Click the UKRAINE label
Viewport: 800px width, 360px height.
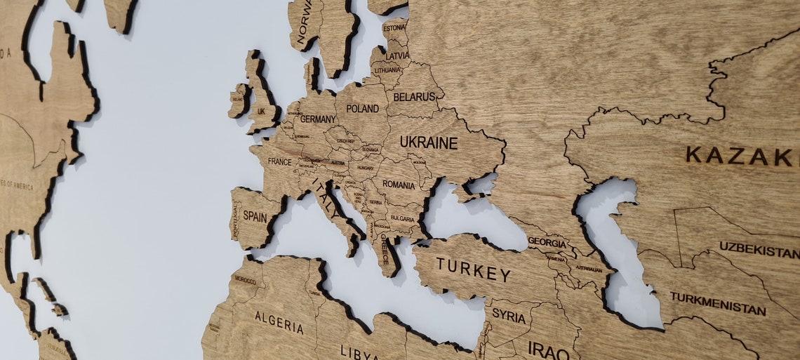428,142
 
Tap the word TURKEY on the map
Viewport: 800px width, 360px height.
473,269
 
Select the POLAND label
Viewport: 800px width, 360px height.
362,109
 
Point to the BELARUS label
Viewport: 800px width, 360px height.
414,97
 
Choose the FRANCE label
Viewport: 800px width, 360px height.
279,161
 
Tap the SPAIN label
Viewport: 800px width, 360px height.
254,217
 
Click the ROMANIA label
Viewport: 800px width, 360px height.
399,185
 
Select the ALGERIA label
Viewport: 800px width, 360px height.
279,322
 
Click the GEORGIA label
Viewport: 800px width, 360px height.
547,243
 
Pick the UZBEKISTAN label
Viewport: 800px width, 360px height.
759,250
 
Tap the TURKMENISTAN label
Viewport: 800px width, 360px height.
717,303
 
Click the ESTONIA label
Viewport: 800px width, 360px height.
394,28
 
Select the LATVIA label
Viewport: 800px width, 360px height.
397,55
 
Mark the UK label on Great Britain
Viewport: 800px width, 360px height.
261,112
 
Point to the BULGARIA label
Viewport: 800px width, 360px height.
401,218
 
